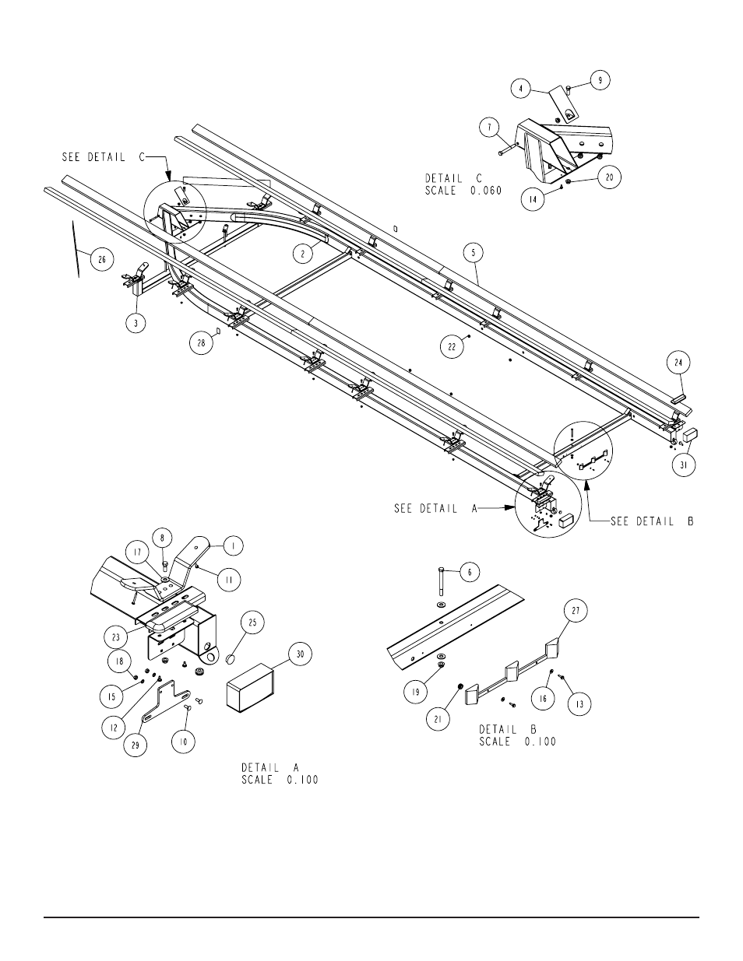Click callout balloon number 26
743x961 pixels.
click(102, 259)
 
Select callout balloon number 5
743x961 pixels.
click(474, 253)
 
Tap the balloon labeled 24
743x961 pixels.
click(678, 363)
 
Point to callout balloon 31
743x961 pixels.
click(684, 465)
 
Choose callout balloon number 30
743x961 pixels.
click(300, 654)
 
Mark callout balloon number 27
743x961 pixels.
click(576, 611)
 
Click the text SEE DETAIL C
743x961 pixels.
click(103, 157)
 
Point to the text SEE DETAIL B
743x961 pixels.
click(653, 521)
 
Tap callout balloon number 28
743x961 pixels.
click(202, 342)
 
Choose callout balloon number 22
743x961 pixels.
click(452, 347)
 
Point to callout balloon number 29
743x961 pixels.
click(136, 745)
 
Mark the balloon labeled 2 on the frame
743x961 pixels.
click(303, 254)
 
